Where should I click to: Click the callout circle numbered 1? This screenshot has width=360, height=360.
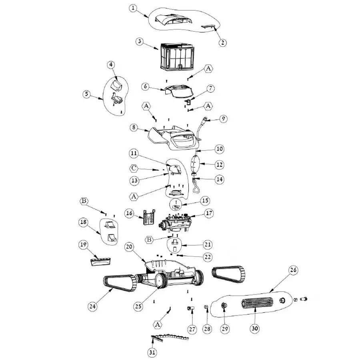tap(133, 8)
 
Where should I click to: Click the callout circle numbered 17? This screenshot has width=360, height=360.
tap(209, 214)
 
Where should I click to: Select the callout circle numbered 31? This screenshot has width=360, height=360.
tap(152, 352)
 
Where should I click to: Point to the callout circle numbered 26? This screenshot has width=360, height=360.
tap(293, 270)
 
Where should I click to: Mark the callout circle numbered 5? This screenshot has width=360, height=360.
tap(86, 94)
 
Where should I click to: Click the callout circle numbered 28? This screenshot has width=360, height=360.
tap(207, 329)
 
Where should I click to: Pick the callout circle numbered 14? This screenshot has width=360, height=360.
tap(219, 180)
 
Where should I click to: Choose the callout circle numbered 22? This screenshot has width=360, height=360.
tap(207, 256)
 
